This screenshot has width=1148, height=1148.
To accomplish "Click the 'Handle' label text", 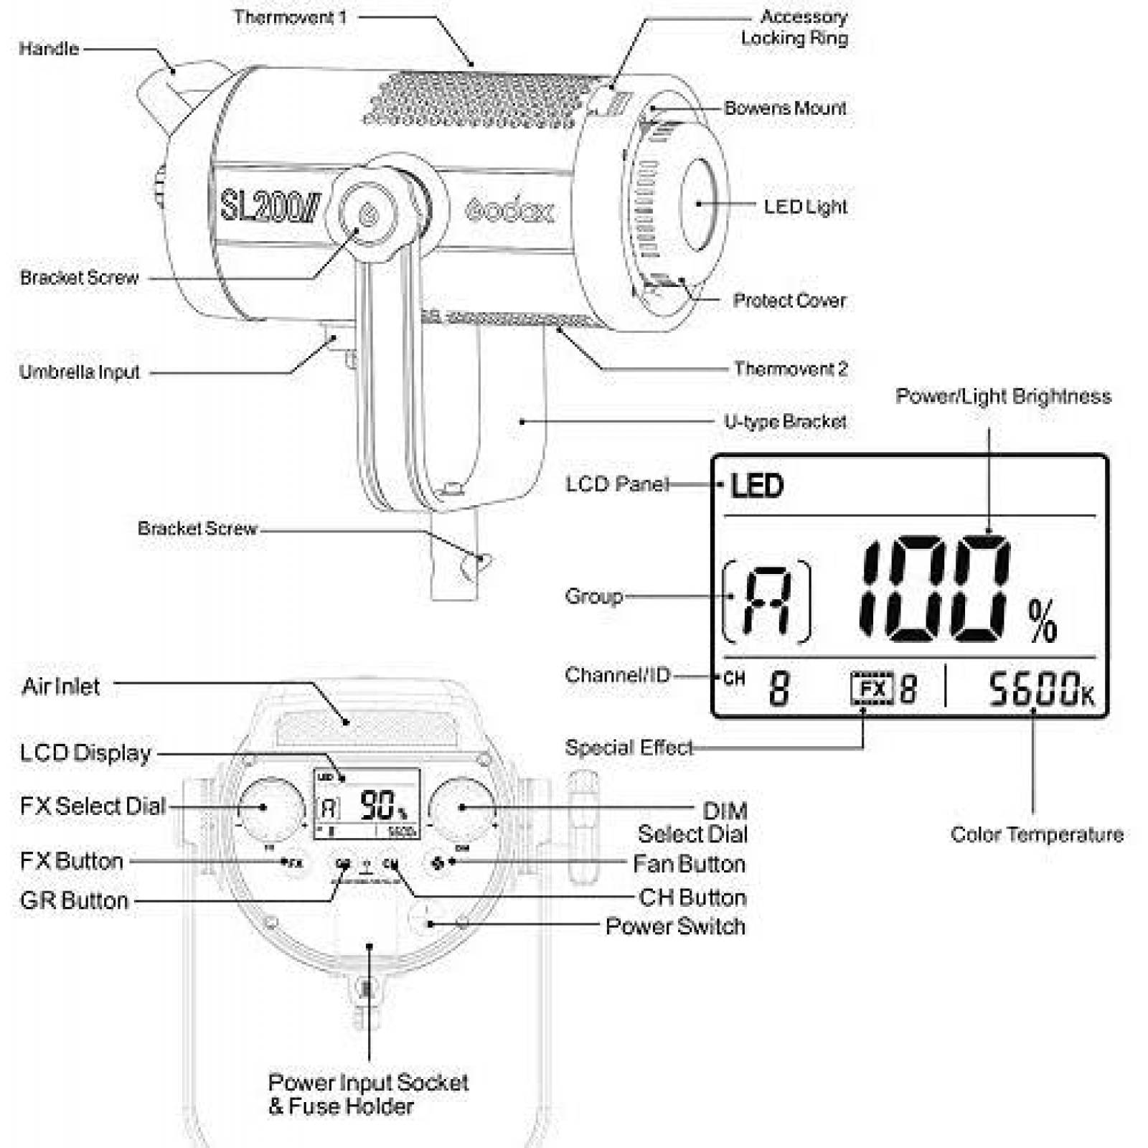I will (49, 49).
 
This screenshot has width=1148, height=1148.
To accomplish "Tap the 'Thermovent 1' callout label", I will (290, 17).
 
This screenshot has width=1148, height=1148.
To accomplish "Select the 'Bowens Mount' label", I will (785, 108).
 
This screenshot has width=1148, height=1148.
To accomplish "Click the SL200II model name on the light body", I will (269, 206).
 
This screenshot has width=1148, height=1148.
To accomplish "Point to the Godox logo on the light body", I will (509, 211).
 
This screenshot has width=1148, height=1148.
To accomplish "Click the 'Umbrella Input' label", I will (80, 372).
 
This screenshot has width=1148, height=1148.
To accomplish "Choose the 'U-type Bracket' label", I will (785, 422).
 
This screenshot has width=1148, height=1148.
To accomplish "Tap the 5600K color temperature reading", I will (1041, 689).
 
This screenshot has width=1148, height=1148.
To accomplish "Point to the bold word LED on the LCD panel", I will (757, 486).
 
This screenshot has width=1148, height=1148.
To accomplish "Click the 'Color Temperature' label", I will (1037, 834).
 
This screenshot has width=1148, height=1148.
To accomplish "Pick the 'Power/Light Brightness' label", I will (1003, 397).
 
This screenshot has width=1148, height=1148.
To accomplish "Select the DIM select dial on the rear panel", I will (462, 808).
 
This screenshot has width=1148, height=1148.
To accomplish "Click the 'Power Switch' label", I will (675, 926).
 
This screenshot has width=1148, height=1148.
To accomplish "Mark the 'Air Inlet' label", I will (61, 687).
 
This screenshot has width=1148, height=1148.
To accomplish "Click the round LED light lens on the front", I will (698, 204).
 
